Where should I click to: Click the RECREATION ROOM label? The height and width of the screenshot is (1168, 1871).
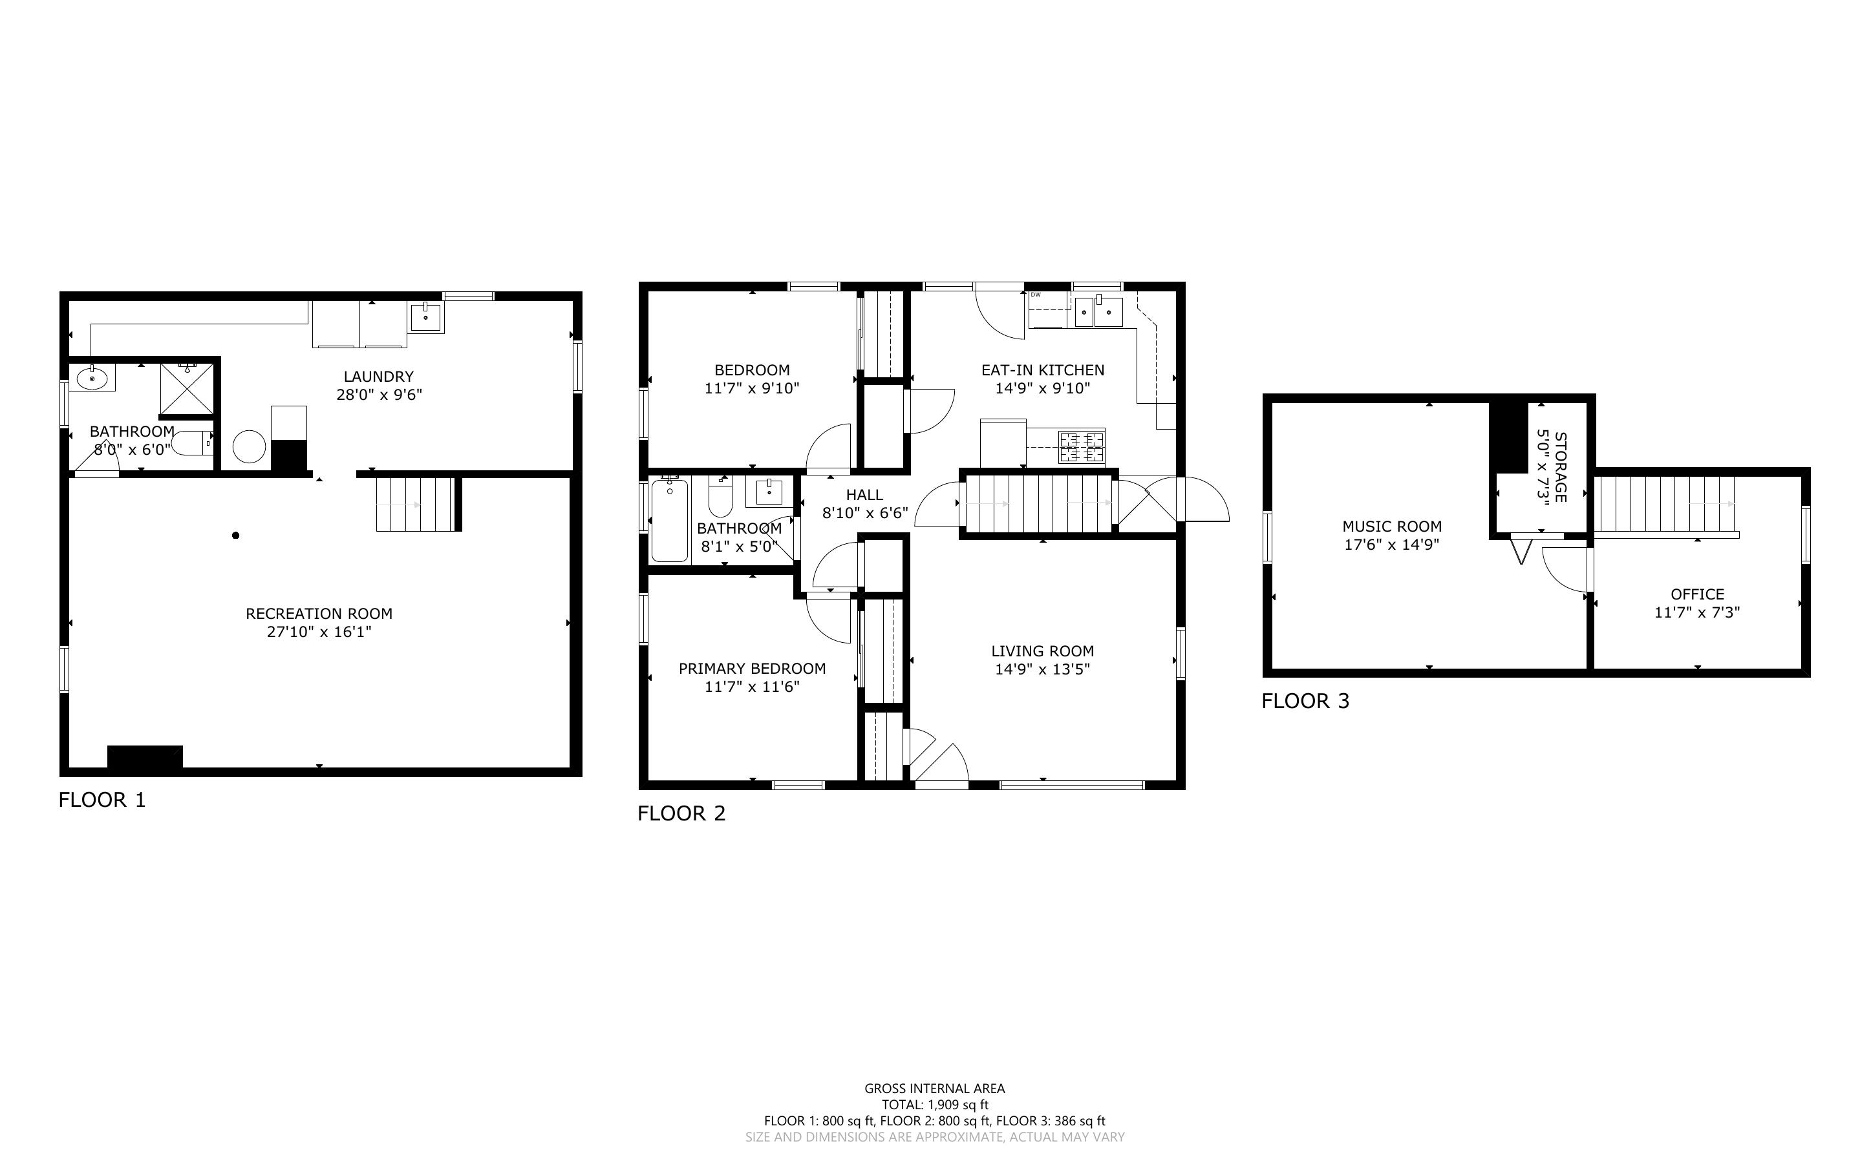tap(319, 613)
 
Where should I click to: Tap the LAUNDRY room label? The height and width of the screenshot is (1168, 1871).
tap(379, 376)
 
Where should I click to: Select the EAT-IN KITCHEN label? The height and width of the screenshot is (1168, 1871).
tap(1043, 370)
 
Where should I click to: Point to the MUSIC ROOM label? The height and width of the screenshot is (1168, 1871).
tap(1392, 526)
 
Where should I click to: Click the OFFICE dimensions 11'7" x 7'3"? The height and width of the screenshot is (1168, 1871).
tap(1697, 612)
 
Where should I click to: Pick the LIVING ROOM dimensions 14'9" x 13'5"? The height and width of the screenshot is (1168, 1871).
tap(1043, 669)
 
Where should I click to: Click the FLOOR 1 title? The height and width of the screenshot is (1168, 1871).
tap(102, 800)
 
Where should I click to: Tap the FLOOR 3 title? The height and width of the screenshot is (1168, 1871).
tap(1305, 701)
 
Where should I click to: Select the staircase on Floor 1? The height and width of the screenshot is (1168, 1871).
tap(415, 504)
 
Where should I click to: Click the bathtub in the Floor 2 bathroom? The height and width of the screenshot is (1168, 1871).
tap(669, 520)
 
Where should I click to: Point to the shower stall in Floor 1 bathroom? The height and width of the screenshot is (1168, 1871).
tap(186, 388)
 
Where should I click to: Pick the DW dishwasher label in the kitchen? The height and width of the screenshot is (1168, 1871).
tap(1036, 295)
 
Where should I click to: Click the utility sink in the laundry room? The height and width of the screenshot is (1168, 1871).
tap(426, 317)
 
